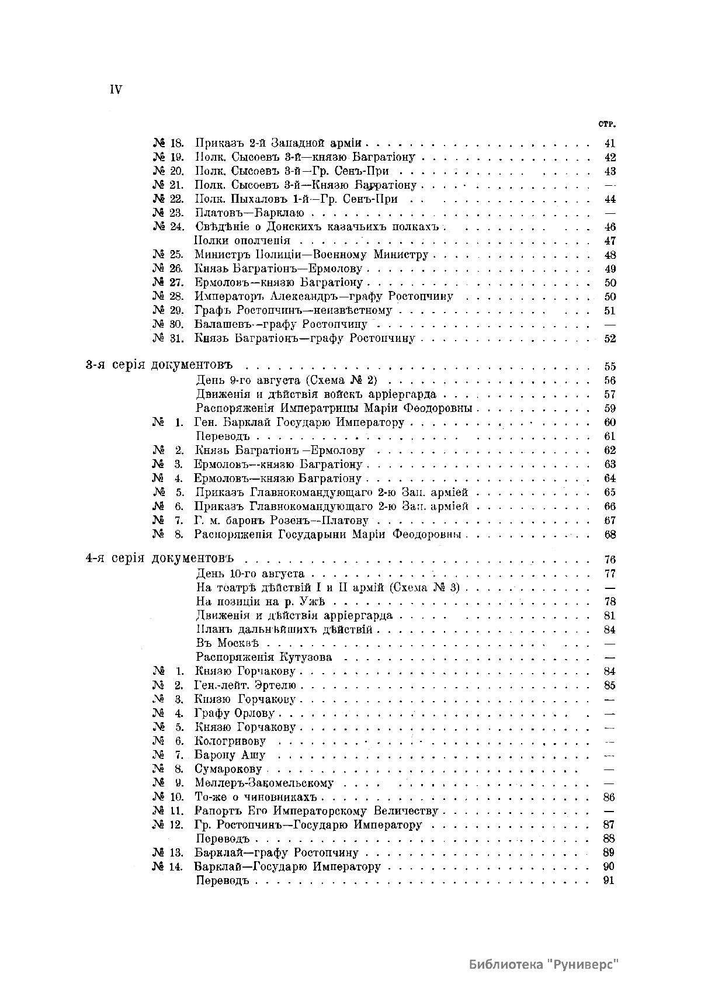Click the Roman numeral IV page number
pos(115,89)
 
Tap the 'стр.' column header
pos(608,124)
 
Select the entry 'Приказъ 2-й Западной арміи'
pos(279,143)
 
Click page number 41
pos(609,143)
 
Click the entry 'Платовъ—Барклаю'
pos(249,213)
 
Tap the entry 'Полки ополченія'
pos(242,241)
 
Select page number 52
pos(609,338)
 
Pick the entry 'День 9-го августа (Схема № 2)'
pos(286,380)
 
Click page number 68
pos(609,534)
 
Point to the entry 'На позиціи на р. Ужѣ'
pos(260,601)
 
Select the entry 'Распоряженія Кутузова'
pos(264,657)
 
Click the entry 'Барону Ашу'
pos(230,755)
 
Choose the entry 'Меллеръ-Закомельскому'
pos(264,783)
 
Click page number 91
pos(609,881)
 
